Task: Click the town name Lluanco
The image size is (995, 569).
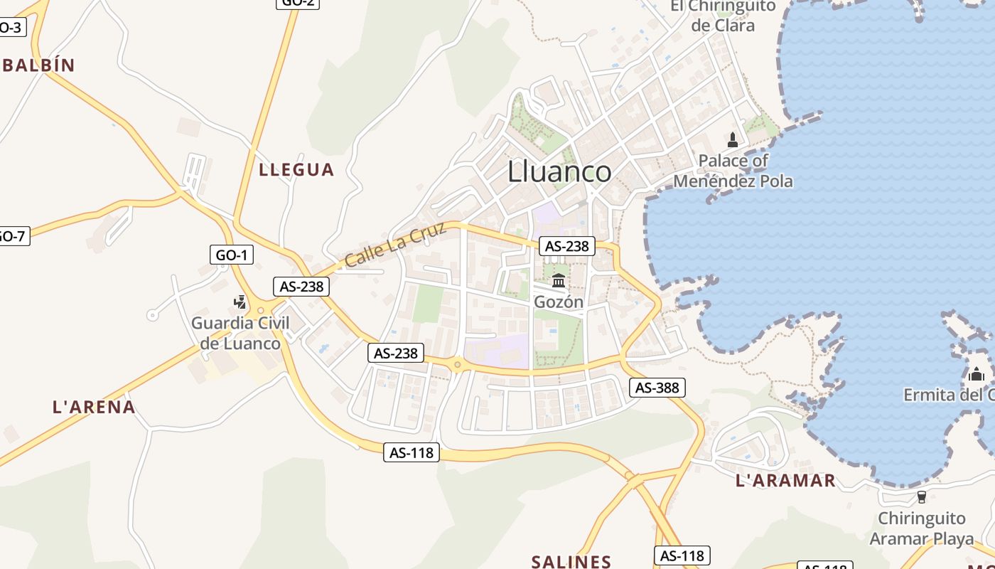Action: [x=559, y=171]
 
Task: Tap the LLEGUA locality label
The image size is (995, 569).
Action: [x=296, y=169]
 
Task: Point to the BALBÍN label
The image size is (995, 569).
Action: [x=38, y=65]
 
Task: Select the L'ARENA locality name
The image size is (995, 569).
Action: [x=94, y=407]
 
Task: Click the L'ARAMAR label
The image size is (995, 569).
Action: [x=785, y=481]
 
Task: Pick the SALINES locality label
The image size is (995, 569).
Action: [x=571, y=562]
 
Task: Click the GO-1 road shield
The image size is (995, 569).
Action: [x=232, y=255]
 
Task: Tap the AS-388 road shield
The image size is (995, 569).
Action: [x=657, y=388]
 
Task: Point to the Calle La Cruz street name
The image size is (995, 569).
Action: [x=395, y=245]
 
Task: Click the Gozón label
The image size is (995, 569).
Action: [x=559, y=302]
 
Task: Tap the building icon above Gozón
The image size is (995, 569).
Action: [x=559, y=280]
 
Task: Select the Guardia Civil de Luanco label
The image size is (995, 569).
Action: [x=240, y=333]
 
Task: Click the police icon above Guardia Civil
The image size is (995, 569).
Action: [x=240, y=302]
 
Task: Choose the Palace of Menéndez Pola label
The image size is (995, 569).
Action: [x=733, y=171]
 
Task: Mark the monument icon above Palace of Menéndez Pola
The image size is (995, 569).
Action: [x=733, y=139]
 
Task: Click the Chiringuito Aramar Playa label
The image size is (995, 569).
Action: [x=922, y=528]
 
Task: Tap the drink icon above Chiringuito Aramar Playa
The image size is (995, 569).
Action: [x=922, y=496]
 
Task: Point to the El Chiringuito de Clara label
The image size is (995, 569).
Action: [x=723, y=16]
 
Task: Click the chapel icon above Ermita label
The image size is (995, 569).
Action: [x=977, y=373]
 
